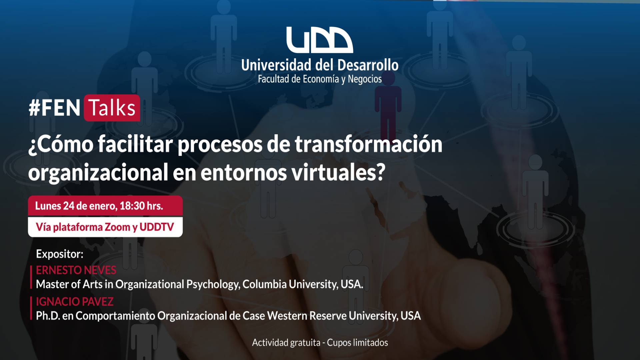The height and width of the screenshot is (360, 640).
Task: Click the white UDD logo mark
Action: click(320, 40)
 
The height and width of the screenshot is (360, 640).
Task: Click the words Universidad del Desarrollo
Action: click(320, 65)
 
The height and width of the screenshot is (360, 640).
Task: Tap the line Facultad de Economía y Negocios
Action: click(320, 79)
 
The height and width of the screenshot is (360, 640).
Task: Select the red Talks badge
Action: click(112, 108)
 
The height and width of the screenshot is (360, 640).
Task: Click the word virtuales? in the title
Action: click(338, 172)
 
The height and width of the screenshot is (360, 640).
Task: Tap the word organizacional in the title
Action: click(98, 173)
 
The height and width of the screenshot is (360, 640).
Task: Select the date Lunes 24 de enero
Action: click(76, 206)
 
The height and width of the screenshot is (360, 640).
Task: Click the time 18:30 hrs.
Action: click(141, 206)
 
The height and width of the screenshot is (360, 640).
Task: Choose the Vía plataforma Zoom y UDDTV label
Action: click(105, 227)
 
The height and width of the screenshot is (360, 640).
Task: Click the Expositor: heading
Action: click(60, 254)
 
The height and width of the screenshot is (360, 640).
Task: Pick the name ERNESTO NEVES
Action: click(76, 270)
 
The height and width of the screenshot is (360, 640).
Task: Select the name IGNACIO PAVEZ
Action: click(75, 302)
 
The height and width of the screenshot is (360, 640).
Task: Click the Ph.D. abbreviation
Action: click(48, 316)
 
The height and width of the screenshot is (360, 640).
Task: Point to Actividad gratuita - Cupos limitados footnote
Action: click(320, 343)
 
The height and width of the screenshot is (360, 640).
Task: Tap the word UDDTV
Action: click(157, 227)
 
